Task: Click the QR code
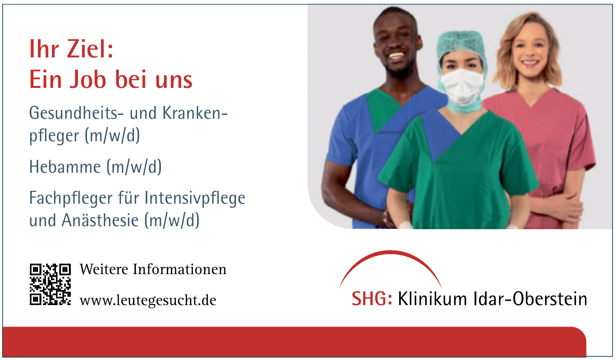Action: (x=50, y=284)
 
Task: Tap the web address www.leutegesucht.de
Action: (x=148, y=300)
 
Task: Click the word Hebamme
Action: (x=65, y=167)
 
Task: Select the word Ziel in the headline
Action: (x=90, y=49)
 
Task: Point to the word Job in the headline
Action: (x=88, y=79)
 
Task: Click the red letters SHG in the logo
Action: (x=372, y=298)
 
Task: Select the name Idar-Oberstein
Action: (x=531, y=298)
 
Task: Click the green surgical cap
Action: (x=462, y=44)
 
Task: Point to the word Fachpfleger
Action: (x=71, y=198)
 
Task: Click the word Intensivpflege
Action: (x=195, y=198)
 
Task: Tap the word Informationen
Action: (x=180, y=269)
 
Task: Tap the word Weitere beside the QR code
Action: (x=104, y=269)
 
